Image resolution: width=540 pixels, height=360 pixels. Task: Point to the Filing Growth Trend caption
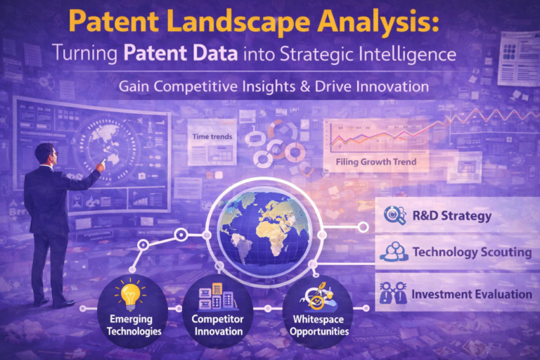coord(376,162)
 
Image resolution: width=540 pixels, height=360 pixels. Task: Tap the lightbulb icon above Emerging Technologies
coord(130,295)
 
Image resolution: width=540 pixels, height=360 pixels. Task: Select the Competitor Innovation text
coord(217,326)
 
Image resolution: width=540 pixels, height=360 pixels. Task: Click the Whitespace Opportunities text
coord(321,326)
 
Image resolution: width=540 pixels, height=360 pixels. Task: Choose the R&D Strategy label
coord(452,216)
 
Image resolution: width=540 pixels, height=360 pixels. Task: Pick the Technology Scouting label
coord(471,252)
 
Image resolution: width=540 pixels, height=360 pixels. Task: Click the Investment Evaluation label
coord(471,294)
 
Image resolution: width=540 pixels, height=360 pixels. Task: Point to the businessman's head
coord(46,154)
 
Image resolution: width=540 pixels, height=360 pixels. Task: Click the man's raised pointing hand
coord(102,165)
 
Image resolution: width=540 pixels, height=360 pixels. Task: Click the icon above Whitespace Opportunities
coord(316,297)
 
